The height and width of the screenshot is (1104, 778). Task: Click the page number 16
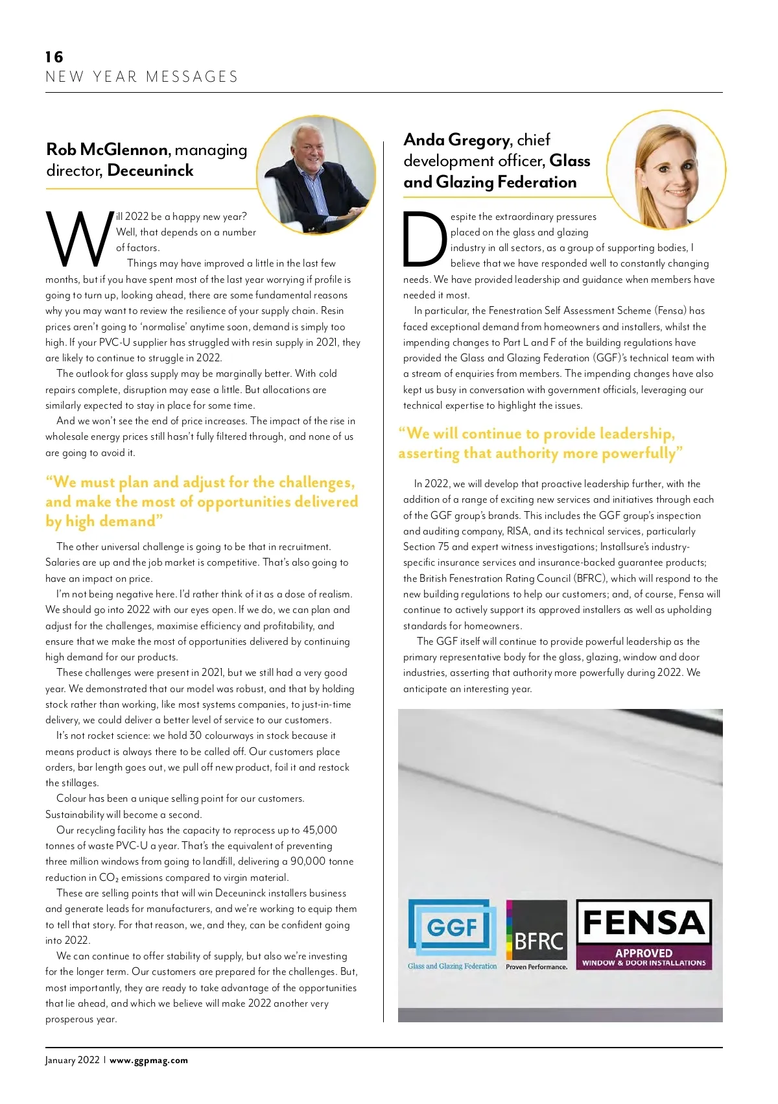click(54, 57)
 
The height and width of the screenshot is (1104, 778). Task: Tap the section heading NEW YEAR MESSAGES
click(142, 77)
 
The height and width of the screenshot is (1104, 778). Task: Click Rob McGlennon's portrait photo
click(316, 174)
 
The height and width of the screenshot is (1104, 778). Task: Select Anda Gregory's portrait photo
click(666, 170)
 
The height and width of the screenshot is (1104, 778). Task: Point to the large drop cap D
click(425, 239)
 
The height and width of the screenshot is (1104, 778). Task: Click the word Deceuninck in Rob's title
click(150, 171)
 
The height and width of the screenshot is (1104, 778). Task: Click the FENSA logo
click(644, 934)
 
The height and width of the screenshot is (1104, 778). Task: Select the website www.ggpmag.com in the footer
click(149, 1061)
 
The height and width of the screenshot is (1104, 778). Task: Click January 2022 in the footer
click(73, 1061)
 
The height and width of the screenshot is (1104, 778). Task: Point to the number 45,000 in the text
click(320, 830)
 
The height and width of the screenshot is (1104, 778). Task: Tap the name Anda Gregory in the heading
click(456, 140)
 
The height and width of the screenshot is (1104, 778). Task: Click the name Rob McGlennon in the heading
click(107, 150)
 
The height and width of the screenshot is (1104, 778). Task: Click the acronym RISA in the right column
click(518, 531)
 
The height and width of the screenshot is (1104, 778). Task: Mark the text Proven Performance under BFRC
click(537, 966)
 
